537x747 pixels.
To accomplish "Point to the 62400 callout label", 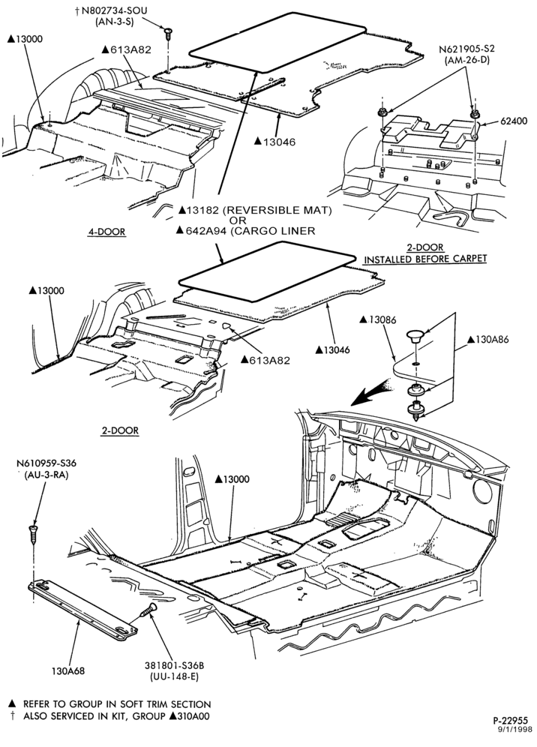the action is point(514,121).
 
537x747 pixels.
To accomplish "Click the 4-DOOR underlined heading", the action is point(106,232).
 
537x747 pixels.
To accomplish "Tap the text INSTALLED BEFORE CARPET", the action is point(425,259).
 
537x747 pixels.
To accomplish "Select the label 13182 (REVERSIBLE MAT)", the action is point(256,209).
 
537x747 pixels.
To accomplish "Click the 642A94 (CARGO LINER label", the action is point(246,230).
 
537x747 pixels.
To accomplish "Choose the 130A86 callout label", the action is point(488,340).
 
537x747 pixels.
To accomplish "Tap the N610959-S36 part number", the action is point(46,463).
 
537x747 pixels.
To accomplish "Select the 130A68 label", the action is point(68,671).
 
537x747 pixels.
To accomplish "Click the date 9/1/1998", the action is point(516,729).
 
